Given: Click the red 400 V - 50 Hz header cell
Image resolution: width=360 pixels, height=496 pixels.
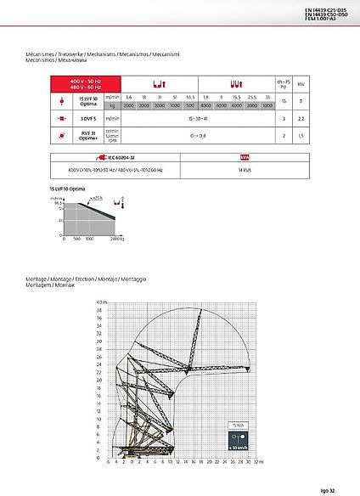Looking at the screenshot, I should tap(84, 84).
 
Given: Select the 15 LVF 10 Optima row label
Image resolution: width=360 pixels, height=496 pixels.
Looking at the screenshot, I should tap(84, 101).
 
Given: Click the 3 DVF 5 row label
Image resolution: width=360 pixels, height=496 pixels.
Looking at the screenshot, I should tap(84, 119).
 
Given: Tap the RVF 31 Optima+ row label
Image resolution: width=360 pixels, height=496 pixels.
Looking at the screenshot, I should tap(84, 134).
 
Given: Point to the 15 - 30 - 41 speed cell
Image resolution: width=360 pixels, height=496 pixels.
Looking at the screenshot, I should tap(198, 119).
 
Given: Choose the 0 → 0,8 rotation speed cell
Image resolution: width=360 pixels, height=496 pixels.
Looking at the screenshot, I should tap(198, 134).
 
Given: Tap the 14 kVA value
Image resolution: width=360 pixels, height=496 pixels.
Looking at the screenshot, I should tap(242, 170).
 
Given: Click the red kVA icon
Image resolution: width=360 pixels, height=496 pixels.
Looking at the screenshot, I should tap(242, 158).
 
